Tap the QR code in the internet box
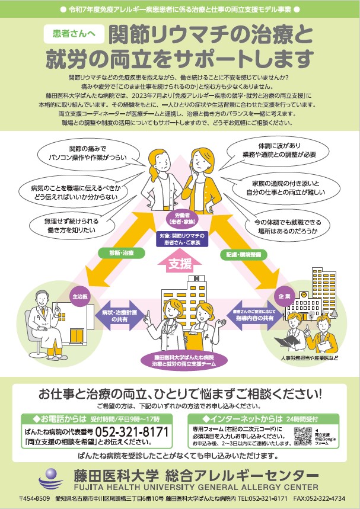tap(302, 436)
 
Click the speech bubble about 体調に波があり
tap(279, 149)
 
